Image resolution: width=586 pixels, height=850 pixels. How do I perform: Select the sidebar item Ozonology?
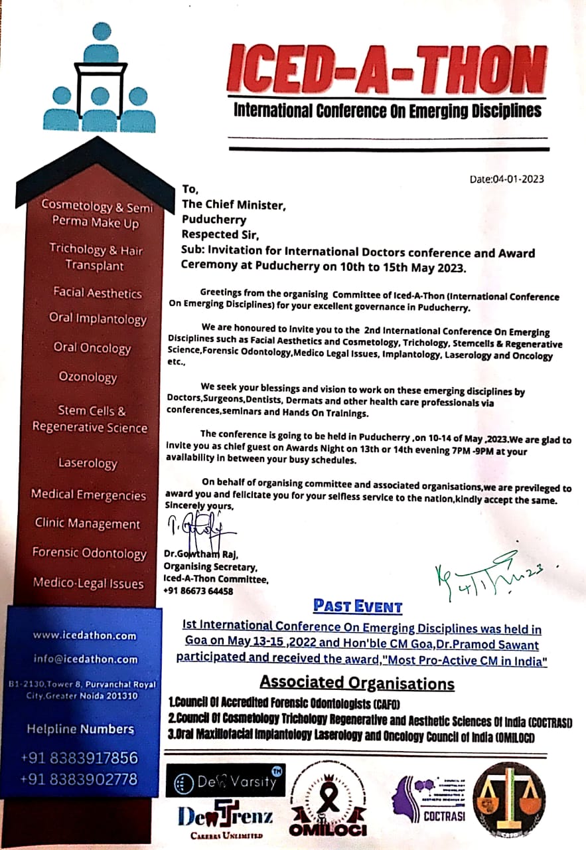88,377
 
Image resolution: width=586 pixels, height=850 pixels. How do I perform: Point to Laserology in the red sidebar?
88,464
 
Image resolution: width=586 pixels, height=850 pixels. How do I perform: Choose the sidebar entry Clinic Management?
88,524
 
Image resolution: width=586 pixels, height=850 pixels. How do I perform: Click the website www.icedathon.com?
84,636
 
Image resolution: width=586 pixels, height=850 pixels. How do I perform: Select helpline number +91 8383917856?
79,758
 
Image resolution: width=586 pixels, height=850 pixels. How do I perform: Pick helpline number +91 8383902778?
79,779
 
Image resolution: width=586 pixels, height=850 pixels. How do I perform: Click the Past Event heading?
358,606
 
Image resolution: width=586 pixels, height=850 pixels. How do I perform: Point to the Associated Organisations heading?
357,683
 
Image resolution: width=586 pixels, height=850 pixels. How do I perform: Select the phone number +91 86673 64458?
198,591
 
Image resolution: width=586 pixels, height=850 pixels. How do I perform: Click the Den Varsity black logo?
226,780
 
